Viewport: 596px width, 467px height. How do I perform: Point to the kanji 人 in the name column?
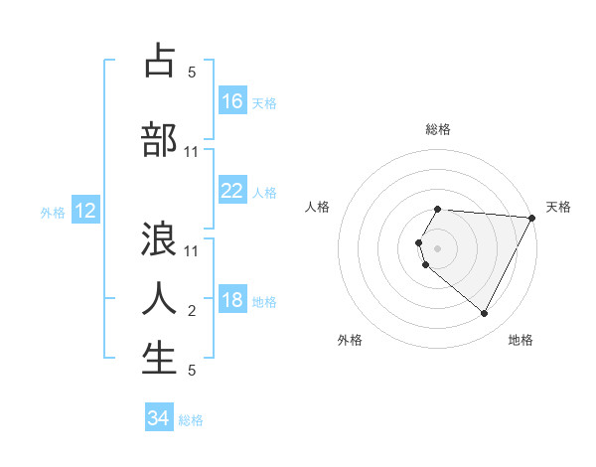(x=159, y=298)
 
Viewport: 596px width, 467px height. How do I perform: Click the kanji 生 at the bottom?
(x=159, y=359)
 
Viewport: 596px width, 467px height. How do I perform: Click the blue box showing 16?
(x=232, y=100)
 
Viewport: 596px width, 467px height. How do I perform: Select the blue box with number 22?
(x=232, y=191)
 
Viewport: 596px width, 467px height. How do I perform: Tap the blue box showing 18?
(x=232, y=300)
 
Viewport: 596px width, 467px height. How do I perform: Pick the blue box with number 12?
(x=84, y=211)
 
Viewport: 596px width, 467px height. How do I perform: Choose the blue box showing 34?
(x=159, y=418)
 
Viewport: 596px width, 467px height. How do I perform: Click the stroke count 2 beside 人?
(x=192, y=311)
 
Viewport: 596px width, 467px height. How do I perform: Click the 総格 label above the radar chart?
(x=437, y=129)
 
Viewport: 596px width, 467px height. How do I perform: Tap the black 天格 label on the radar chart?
(x=558, y=207)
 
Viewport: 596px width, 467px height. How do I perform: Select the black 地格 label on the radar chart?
(x=521, y=340)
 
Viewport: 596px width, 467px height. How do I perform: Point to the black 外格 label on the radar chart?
(x=350, y=340)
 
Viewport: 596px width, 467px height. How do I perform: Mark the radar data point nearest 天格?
(x=532, y=218)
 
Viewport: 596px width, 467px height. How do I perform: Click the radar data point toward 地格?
(x=485, y=314)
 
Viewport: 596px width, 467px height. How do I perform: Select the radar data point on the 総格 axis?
(x=437, y=210)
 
